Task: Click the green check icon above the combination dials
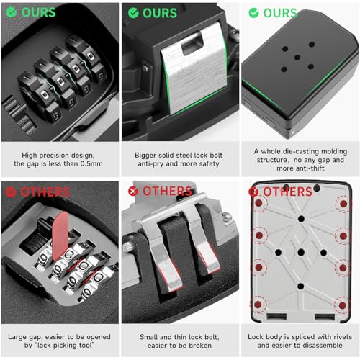pos(12,13)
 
